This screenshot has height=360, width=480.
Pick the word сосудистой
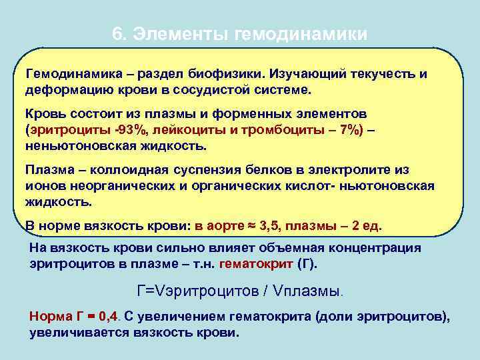(x=215, y=89)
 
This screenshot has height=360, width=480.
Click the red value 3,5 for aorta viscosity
(x=269, y=225)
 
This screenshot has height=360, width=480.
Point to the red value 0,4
(x=109, y=317)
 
